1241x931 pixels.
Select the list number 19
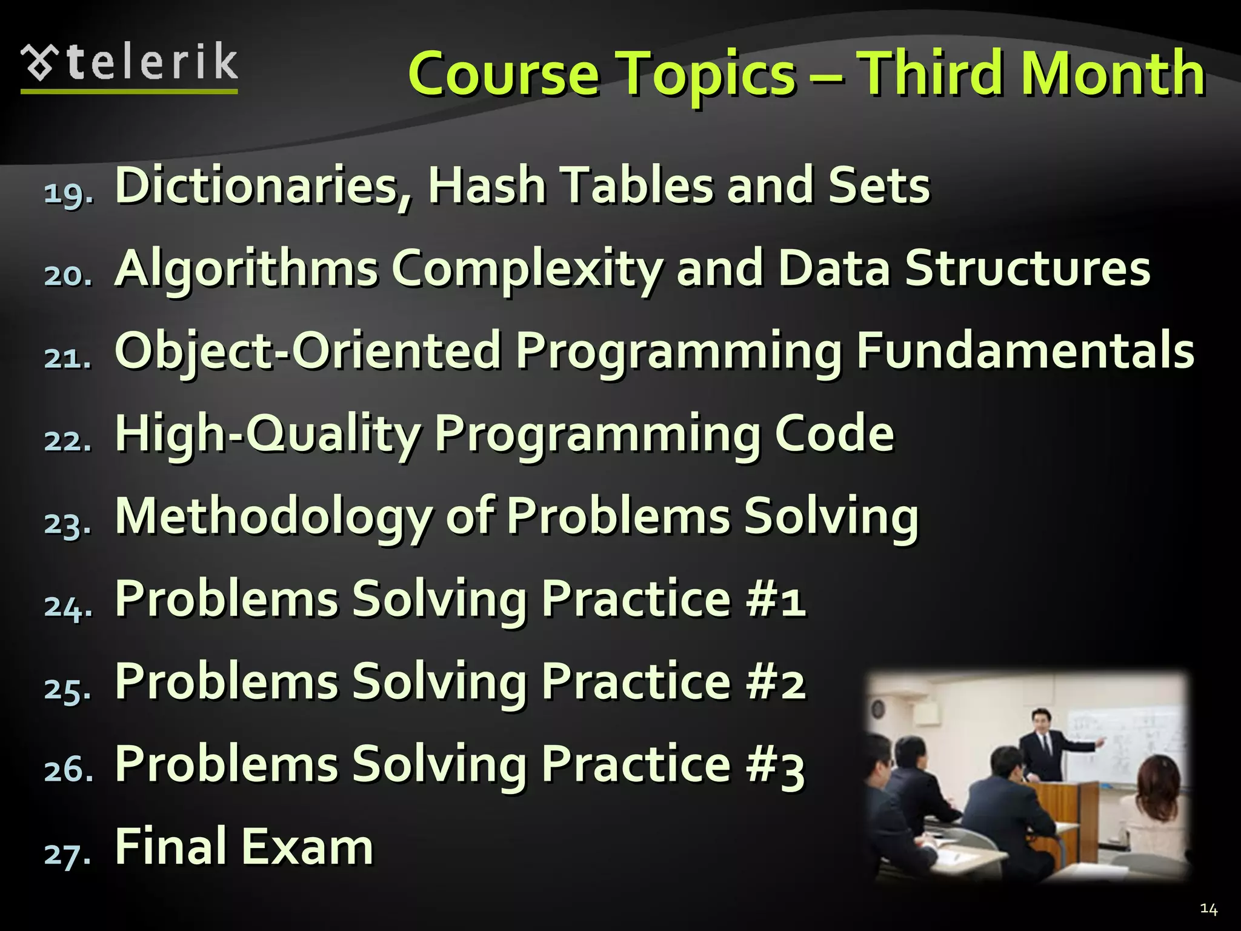coord(68,193)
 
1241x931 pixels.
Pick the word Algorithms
coord(246,269)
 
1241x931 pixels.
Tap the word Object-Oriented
coord(308,351)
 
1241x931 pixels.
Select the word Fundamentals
coord(1025,351)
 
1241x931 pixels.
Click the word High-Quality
coord(267,434)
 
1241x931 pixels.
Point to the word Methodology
coord(273,516)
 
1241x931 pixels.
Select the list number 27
coord(68,854)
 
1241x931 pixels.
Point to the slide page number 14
coord(1208,909)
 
